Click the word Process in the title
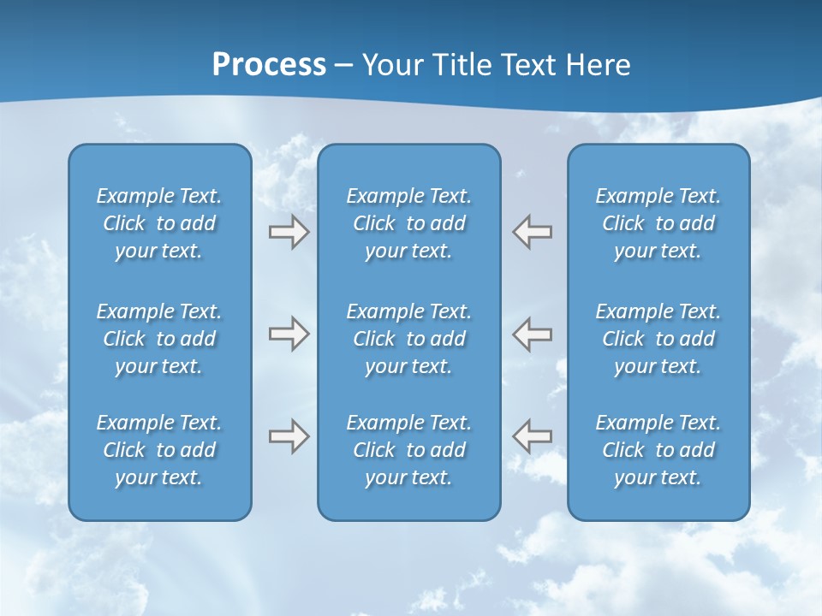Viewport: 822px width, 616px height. (x=269, y=65)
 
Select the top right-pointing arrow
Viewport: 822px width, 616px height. (x=289, y=232)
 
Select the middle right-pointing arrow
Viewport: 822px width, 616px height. (x=289, y=334)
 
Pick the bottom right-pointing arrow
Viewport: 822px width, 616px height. (x=289, y=436)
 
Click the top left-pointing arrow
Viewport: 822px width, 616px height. (x=533, y=232)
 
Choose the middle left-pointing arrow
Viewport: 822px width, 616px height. (x=533, y=334)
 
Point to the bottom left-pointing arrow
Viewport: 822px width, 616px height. (x=533, y=436)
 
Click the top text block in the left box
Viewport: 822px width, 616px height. (x=159, y=223)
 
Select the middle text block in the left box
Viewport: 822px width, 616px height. (x=159, y=339)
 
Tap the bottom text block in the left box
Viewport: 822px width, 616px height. (x=159, y=450)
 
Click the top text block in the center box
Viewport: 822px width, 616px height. (x=408, y=223)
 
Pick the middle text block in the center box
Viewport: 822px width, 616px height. (x=408, y=339)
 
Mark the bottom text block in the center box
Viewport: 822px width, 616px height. (x=408, y=450)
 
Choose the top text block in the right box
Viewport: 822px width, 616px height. (x=658, y=223)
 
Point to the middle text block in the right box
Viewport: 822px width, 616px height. (x=658, y=339)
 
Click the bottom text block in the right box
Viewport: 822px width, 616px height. (x=658, y=450)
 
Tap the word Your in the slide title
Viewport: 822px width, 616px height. (x=390, y=65)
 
